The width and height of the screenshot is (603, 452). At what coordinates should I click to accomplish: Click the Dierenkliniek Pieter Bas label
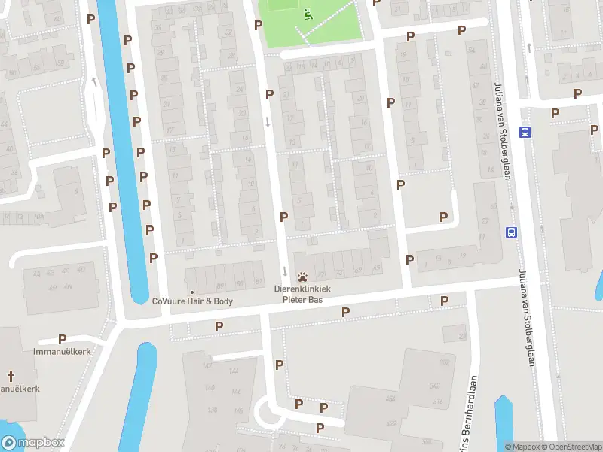[301, 294]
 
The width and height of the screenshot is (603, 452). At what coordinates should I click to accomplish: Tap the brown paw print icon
[302, 277]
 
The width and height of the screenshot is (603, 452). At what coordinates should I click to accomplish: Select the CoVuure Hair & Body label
[192, 301]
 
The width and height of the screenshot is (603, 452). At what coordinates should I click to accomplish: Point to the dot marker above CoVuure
[192, 292]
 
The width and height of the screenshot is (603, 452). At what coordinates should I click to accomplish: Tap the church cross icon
[11, 376]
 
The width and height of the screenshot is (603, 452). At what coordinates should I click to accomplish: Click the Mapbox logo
[32, 443]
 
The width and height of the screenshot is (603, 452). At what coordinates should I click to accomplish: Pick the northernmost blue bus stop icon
[525, 132]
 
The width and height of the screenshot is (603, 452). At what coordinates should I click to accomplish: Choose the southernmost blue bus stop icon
[512, 232]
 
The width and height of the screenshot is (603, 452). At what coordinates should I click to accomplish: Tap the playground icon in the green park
[307, 14]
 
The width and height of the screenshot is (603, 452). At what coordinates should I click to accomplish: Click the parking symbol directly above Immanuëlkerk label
[62, 340]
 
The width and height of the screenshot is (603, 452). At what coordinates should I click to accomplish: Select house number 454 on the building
[390, 399]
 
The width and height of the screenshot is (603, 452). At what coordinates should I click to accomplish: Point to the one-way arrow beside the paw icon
[285, 271]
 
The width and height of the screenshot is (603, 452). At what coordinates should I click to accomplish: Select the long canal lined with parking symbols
[121, 151]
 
